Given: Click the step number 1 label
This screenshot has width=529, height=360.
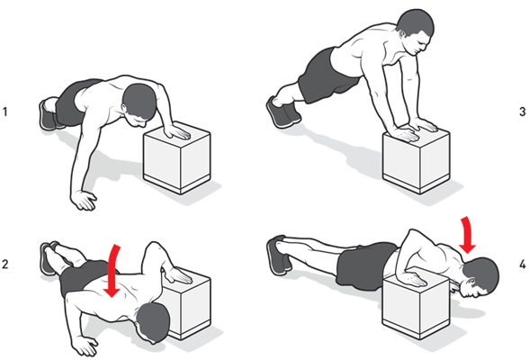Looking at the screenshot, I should coord(7,112).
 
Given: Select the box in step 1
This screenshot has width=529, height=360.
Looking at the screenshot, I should coord(178,162).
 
